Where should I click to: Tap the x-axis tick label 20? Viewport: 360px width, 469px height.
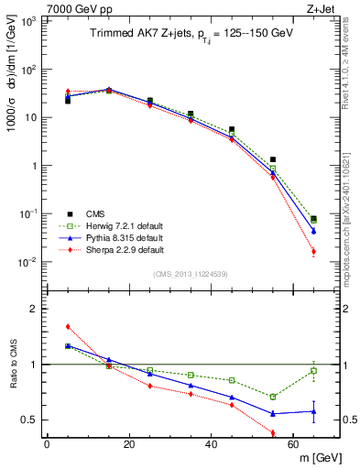pyautogui.click(x=129, y=443)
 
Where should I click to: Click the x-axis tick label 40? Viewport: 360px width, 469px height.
pyautogui.click(x=212, y=443)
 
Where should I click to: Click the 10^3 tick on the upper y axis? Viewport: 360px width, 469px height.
pyautogui.click(x=31, y=21)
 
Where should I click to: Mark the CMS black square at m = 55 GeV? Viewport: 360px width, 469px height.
pyautogui.click(x=273, y=159)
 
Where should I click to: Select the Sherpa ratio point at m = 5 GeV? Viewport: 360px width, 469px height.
pyautogui.click(x=68, y=326)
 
